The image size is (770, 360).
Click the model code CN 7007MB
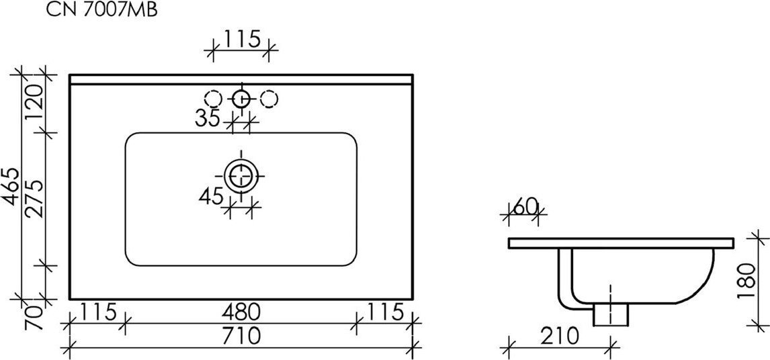coord(101,10)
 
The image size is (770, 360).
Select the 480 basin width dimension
coord(240,312)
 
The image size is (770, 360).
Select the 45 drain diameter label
coord(211,196)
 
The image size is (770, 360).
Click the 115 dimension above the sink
coord(242,39)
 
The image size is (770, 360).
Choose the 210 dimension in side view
coord(558,336)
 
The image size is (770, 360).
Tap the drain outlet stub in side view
coord(611,314)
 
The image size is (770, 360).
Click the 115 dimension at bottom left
coord(98,312)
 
